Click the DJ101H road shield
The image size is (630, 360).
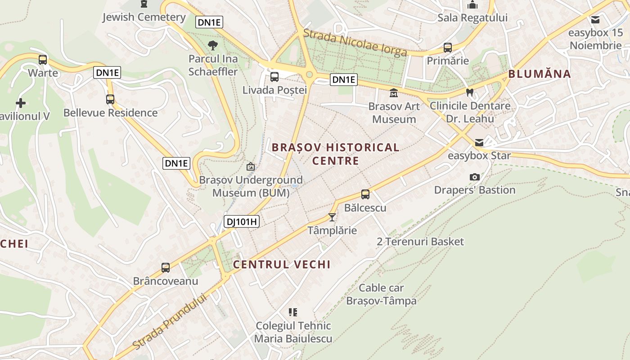point(242,221)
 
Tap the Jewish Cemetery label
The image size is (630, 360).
point(144,17)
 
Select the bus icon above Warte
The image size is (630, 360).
point(43,59)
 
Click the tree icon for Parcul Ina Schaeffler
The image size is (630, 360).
point(213,45)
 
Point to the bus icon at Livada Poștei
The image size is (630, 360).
point(274,76)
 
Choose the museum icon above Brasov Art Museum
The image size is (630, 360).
point(394,93)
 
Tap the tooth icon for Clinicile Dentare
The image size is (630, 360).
point(470,92)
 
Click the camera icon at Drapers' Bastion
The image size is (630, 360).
point(474,177)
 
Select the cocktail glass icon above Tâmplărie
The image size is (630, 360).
point(332,217)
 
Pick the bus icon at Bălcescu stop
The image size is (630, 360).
point(365,194)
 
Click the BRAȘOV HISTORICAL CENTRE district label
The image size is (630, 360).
point(335,154)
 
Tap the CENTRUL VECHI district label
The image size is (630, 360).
point(282,265)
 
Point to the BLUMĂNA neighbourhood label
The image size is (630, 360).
point(540,74)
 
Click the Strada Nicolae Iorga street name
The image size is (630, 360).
point(355,43)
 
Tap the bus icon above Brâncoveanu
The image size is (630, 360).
point(166,268)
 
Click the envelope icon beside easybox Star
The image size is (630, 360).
point(479,143)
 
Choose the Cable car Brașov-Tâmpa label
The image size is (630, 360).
point(381,294)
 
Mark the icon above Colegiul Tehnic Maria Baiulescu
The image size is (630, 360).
point(293,312)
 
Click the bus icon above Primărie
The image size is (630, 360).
point(447,47)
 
